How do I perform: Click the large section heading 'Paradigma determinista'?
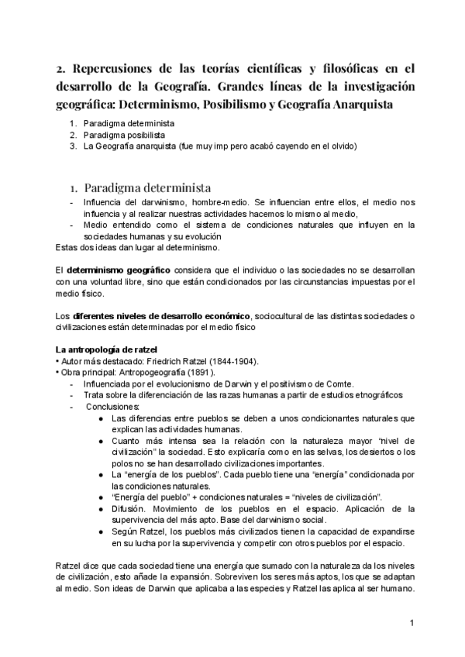[147, 188]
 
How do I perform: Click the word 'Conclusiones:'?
[113, 407]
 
